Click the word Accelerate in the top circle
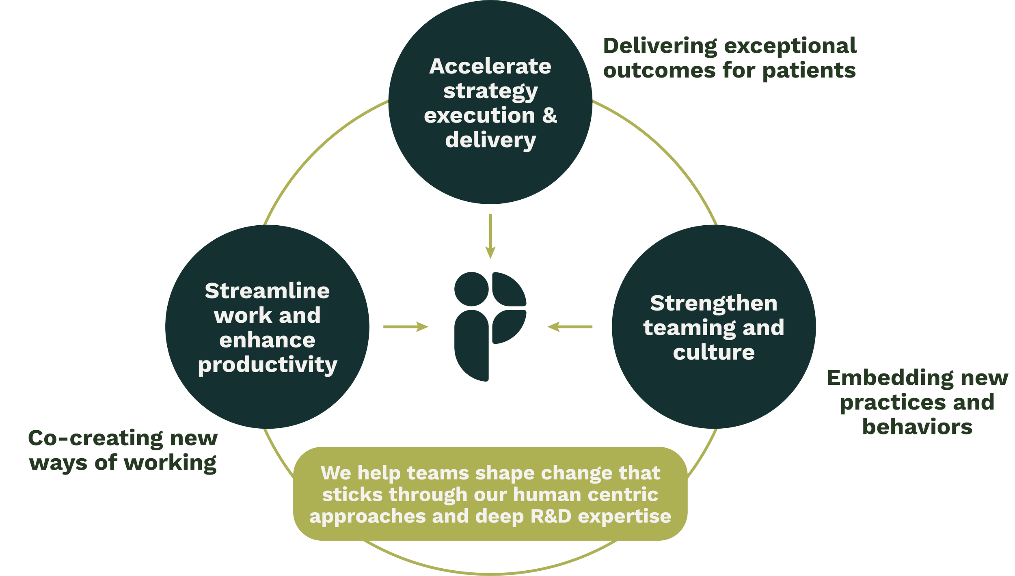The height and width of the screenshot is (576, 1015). pyautogui.click(x=490, y=67)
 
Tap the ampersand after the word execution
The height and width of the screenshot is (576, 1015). pyautogui.click(x=550, y=115)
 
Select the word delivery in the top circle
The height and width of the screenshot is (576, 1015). pyautogui.click(x=490, y=140)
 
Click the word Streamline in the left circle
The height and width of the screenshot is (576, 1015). pyautogui.click(x=267, y=291)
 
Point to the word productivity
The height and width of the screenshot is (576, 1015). pyautogui.click(x=268, y=365)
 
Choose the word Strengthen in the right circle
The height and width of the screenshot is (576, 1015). pyautogui.click(x=714, y=304)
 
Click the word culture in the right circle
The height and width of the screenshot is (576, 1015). pyautogui.click(x=714, y=352)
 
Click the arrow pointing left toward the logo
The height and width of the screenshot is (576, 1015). pyautogui.click(x=570, y=326)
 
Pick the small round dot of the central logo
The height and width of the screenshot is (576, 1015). pyautogui.click(x=471, y=289)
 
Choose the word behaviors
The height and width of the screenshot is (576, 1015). pyautogui.click(x=918, y=427)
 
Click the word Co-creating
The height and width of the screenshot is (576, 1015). pyautogui.click(x=95, y=439)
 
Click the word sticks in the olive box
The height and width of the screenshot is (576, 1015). pyautogui.click(x=352, y=495)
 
